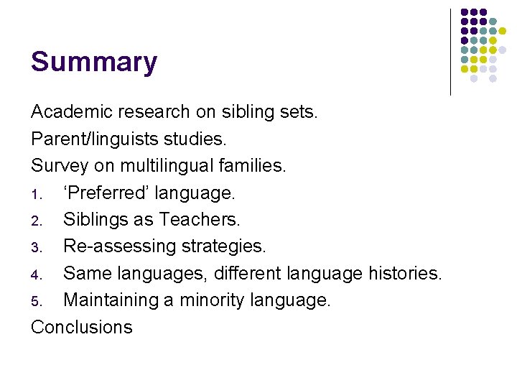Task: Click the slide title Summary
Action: [x=93, y=63]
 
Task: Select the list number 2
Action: [x=36, y=221]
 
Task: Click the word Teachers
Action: [x=200, y=219]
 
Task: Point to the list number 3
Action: [x=36, y=247]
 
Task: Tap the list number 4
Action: [x=36, y=274]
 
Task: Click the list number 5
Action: [x=36, y=301]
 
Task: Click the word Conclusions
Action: [x=82, y=327]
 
